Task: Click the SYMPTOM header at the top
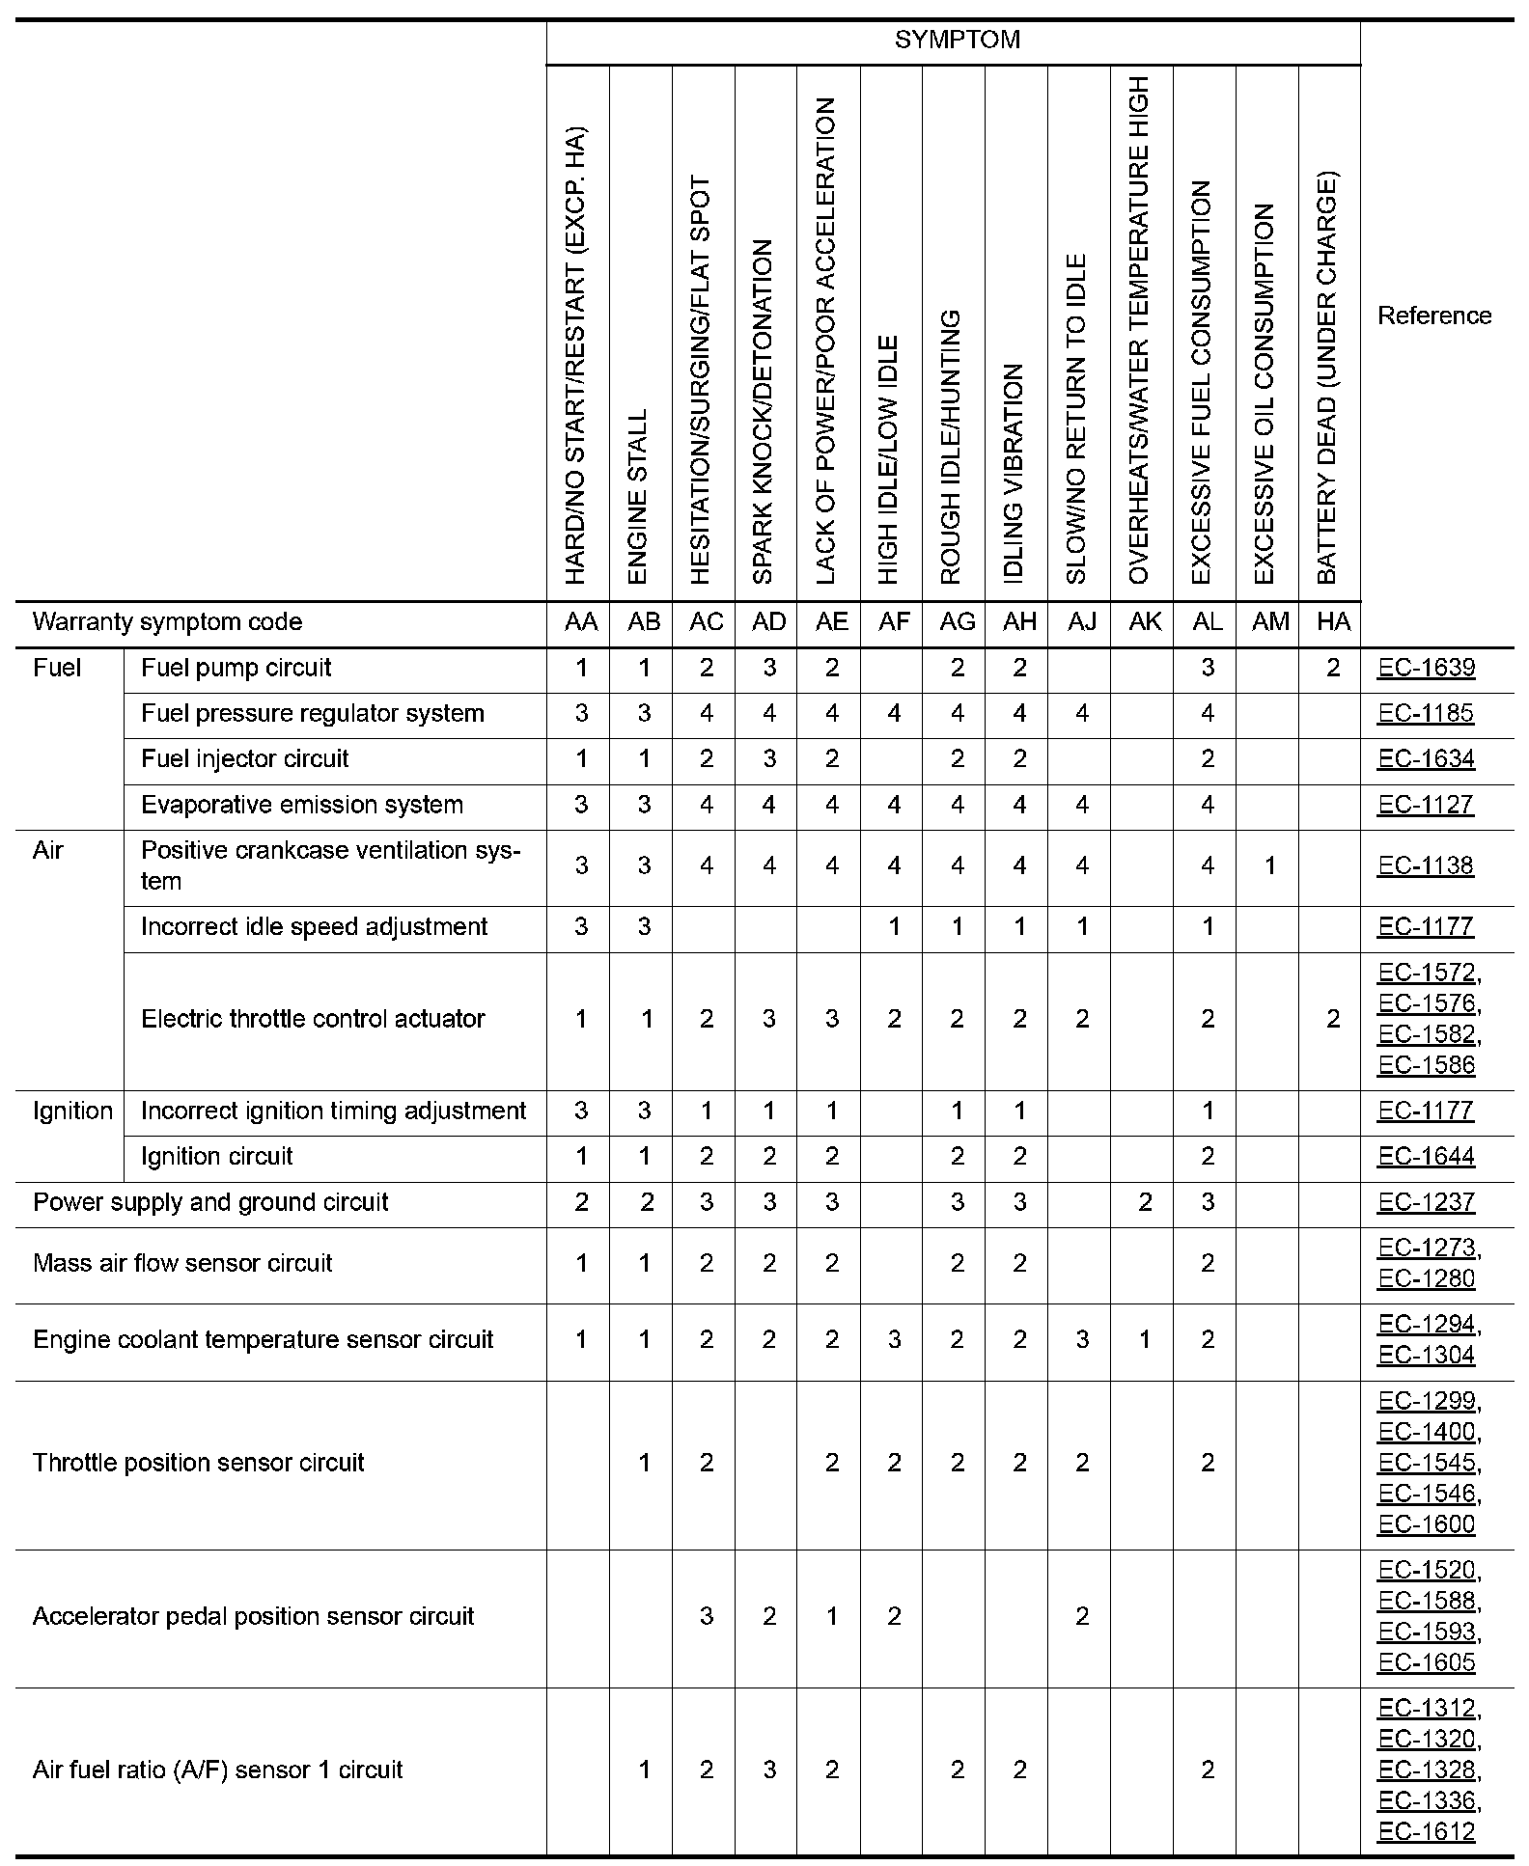[x=957, y=41]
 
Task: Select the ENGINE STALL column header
[x=638, y=497]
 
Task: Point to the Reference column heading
[x=1433, y=316]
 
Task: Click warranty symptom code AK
[x=1145, y=622]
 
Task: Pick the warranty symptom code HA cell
[x=1333, y=622]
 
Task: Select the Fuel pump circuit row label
[x=236, y=668]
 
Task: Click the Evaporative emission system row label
[x=301, y=805]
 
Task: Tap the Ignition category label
[x=72, y=1111]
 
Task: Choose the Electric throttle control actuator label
[x=313, y=1019]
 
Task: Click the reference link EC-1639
[x=1426, y=668]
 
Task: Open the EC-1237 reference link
[x=1426, y=1202]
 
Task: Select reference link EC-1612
[x=1427, y=1831]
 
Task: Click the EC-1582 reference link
[x=1427, y=1034]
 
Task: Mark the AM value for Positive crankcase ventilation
[x=1270, y=866]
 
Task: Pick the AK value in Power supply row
[x=1145, y=1202]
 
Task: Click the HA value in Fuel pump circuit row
[x=1333, y=668]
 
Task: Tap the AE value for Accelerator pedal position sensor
[x=831, y=1616]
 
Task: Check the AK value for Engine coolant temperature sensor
[x=1145, y=1339]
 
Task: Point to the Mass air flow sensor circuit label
[x=182, y=1263]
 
